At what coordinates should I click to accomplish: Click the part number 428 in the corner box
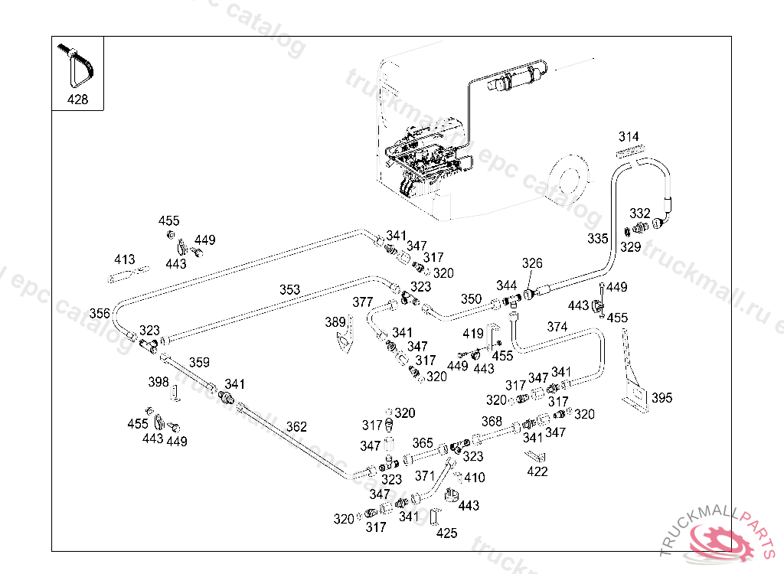[x=77, y=99]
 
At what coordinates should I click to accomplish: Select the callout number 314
[x=629, y=137]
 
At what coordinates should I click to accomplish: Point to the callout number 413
[x=124, y=259]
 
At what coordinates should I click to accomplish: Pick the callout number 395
[x=661, y=398]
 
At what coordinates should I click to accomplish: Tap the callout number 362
[x=296, y=427]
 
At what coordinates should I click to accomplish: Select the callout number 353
[x=289, y=290]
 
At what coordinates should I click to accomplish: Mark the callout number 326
[x=532, y=263]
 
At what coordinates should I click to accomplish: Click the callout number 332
[x=639, y=213]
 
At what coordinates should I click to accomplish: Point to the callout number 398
[x=158, y=382]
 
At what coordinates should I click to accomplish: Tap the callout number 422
[x=537, y=471]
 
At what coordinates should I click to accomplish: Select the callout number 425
[x=446, y=533]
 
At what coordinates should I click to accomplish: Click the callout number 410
[x=475, y=478]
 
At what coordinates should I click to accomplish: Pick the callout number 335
[x=598, y=239]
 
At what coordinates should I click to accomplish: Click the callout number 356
[x=100, y=313]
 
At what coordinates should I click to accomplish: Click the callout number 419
[x=473, y=334]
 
